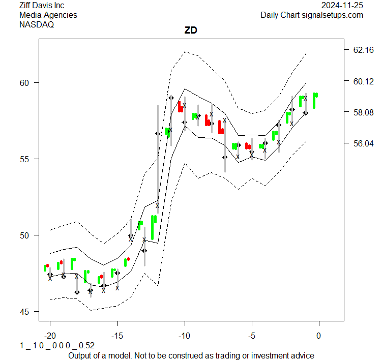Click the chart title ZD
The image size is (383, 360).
(x=191, y=31)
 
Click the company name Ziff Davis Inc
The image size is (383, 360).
(x=42, y=6)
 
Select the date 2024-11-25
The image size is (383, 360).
(x=342, y=6)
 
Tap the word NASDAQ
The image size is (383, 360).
(x=37, y=24)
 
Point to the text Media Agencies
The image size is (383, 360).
(x=48, y=15)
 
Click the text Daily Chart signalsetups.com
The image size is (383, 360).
(x=312, y=15)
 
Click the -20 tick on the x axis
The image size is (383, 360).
(x=50, y=335)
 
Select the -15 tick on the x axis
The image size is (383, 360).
(x=117, y=335)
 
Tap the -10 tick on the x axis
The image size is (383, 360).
(x=184, y=335)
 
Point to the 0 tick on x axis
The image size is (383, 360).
(x=319, y=335)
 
